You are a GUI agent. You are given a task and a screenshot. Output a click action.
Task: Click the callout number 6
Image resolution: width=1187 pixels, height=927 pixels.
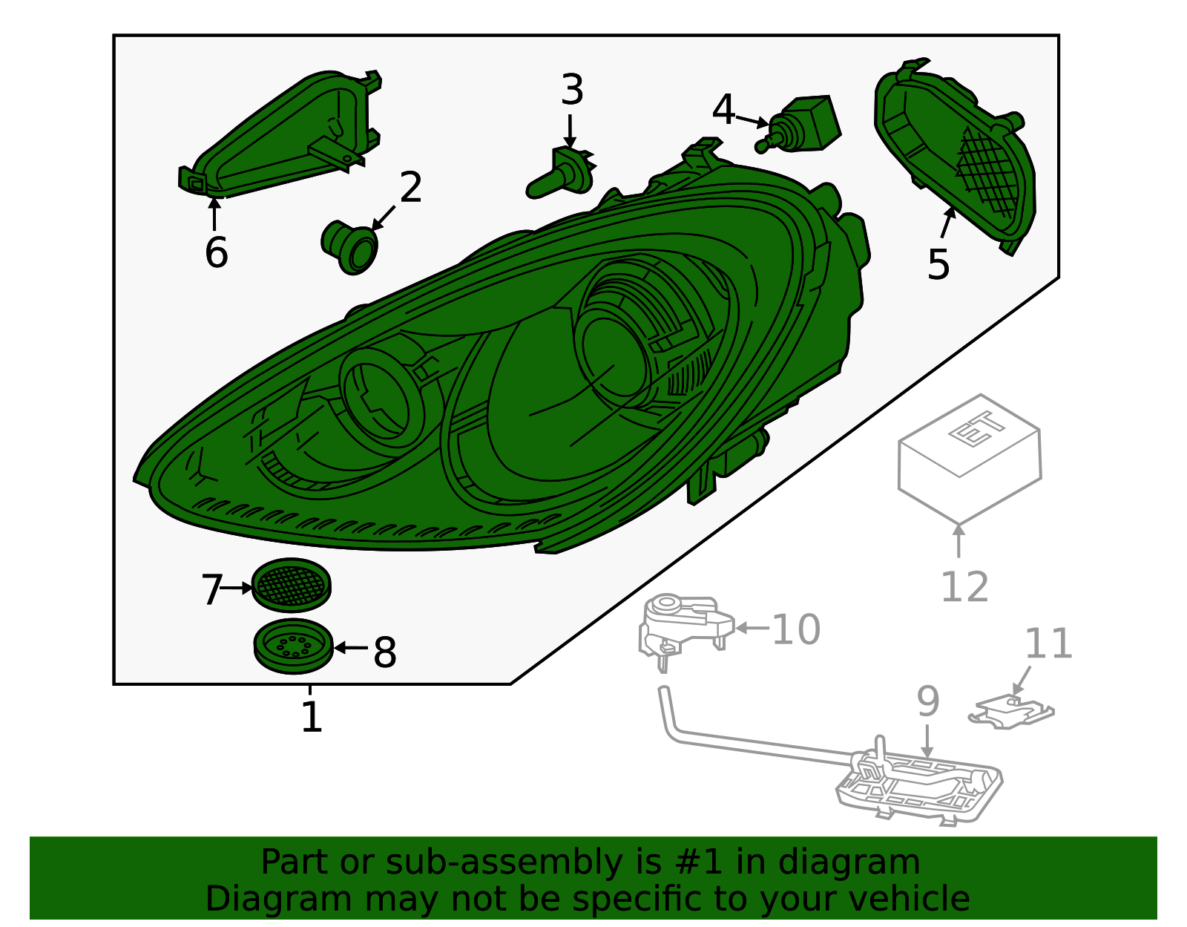tap(217, 253)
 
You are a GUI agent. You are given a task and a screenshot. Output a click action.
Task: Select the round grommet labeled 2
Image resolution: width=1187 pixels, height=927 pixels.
tap(349, 247)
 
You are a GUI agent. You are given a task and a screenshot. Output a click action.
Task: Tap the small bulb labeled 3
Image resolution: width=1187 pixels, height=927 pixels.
tap(560, 172)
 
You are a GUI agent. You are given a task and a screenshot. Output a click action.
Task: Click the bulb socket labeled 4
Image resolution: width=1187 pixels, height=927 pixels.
tap(798, 124)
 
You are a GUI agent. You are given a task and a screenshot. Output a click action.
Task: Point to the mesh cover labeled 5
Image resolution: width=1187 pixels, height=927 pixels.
tap(955, 156)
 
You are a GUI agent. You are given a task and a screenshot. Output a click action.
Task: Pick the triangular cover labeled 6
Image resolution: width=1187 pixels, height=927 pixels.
tap(280, 135)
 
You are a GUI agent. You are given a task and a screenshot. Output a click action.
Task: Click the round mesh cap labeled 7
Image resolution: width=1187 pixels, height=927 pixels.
tap(291, 585)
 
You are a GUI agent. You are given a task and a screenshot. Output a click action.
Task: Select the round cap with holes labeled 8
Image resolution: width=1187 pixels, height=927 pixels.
tap(294, 646)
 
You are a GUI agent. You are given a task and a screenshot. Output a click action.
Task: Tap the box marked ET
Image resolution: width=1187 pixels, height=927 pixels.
tap(970, 459)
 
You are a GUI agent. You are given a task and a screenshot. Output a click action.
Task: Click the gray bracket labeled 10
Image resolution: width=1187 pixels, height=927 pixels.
tap(686, 628)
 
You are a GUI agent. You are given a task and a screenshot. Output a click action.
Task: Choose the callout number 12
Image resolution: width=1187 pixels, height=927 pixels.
tap(965, 587)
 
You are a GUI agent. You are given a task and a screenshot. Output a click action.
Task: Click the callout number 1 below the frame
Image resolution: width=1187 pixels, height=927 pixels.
tap(312, 717)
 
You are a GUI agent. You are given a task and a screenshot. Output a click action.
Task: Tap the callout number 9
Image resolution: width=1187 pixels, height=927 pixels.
tap(928, 702)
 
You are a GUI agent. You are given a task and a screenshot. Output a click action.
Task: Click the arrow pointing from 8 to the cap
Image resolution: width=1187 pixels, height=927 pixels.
tap(351, 648)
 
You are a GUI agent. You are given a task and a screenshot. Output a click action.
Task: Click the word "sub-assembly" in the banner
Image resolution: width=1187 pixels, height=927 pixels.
tap(504, 862)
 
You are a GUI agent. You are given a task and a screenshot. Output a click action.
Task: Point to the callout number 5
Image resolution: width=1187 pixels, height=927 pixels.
tap(938, 265)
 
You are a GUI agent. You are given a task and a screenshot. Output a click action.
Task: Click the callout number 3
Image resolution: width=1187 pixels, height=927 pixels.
tap(572, 90)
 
